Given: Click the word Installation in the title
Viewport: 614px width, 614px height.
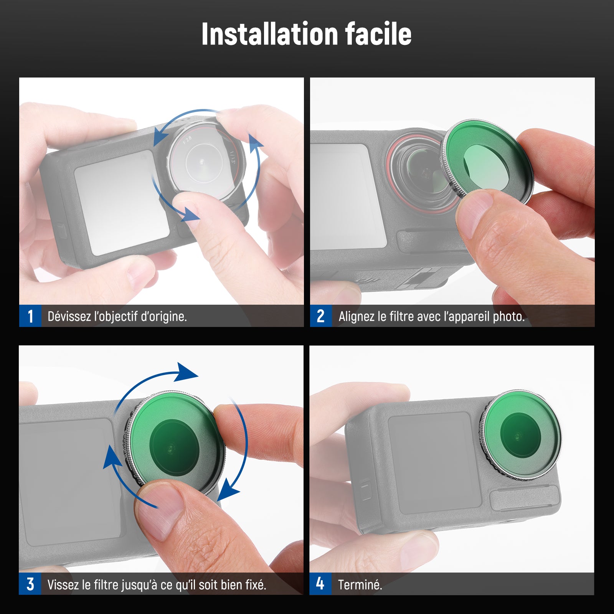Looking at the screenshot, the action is point(269,34).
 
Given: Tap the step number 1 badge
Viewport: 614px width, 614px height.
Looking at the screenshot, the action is point(30,316).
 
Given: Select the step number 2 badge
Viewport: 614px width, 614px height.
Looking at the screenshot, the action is point(321,316).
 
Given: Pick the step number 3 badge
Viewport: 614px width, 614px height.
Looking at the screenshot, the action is point(30,584).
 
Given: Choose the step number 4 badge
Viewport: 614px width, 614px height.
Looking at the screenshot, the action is point(320,584).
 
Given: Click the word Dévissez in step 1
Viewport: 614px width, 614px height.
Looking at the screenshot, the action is point(69,316).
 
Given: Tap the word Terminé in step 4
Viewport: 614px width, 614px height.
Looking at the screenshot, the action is point(360,584).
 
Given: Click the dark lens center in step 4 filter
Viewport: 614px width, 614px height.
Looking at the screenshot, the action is point(520,436).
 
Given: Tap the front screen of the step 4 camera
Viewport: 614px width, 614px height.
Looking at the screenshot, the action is point(434,463).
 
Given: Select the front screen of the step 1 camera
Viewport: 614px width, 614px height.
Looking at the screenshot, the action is point(122,203).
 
